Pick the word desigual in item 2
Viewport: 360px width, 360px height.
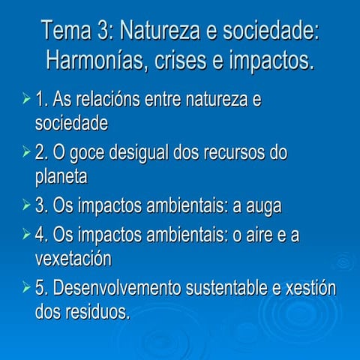pyautogui.click(x=145, y=153)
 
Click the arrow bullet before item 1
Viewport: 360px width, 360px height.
pyautogui.click(x=26, y=99)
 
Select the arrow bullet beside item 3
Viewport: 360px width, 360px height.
pyautogui.click(x=26, y=205)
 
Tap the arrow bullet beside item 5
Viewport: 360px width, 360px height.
pyautogui.click(x=26, y=288)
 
